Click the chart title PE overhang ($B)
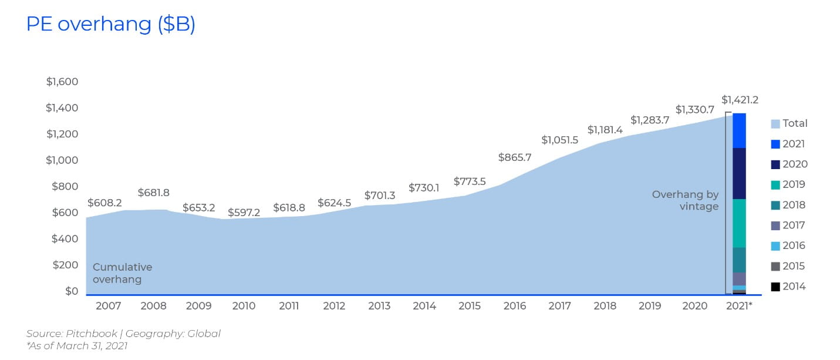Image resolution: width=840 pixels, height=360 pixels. coord(111,24)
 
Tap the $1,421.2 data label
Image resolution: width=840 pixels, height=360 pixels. coord(744,100)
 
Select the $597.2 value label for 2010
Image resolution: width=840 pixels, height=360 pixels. coord(244,212)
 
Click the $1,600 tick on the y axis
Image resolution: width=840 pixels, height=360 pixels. coord(62,82)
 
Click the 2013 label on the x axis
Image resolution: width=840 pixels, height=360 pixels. coord(379,306)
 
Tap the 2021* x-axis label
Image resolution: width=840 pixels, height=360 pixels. coord(739,306)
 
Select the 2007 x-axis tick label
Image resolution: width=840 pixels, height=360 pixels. coord(109,306)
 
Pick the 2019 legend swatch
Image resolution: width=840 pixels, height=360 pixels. coord(775,185)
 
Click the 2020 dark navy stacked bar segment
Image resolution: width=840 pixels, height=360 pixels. coord(739,173)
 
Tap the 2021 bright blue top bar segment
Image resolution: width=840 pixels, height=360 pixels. coord(739,130)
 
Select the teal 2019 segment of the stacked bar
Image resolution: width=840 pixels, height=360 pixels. coord(739,223)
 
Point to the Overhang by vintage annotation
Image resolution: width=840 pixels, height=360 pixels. coord(685,201)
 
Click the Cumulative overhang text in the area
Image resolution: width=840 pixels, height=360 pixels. coord(122,273)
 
